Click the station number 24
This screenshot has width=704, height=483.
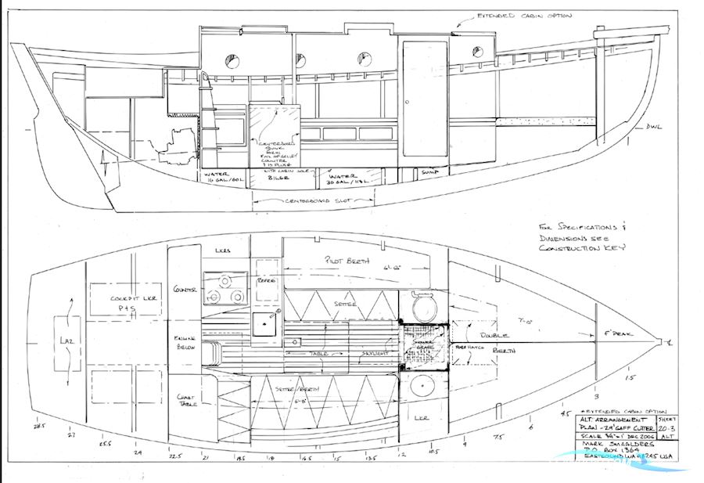tap(138, 452)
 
